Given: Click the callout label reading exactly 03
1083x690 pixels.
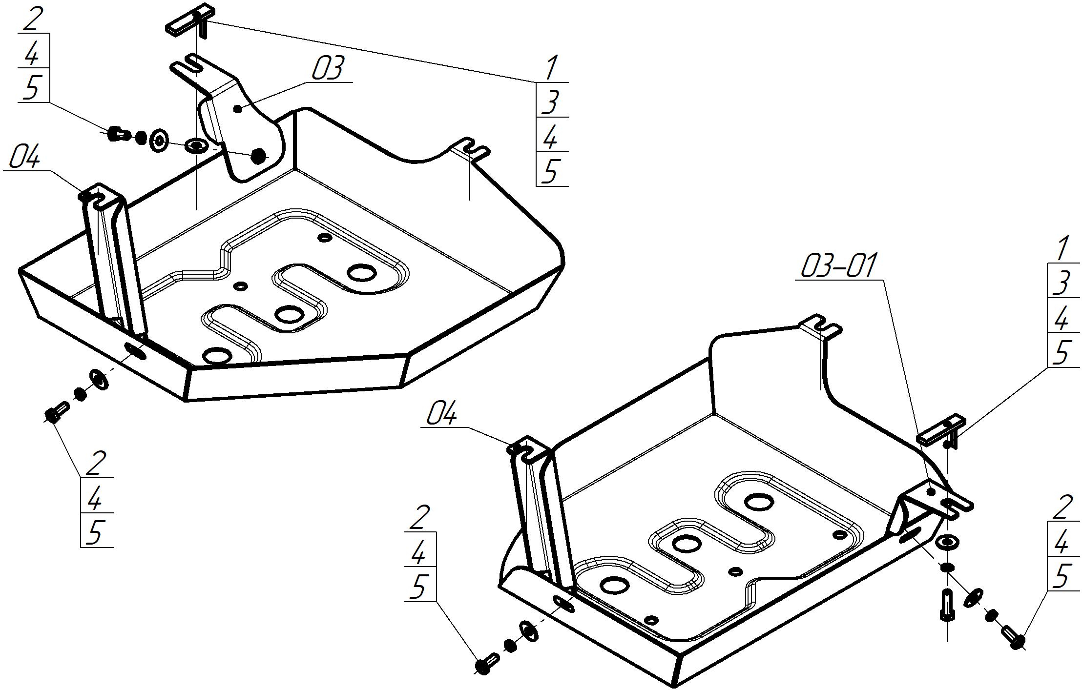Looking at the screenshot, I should tap(328, 68).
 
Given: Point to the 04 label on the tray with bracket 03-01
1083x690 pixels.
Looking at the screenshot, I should tap(442, 415).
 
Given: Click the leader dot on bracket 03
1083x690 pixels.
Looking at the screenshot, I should tap(238, 109).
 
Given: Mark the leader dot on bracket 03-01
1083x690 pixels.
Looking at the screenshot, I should tap(931, 492).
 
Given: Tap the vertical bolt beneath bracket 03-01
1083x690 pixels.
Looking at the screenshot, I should tap(947, 605).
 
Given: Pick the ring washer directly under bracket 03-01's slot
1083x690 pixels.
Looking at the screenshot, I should tap(947, 542).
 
